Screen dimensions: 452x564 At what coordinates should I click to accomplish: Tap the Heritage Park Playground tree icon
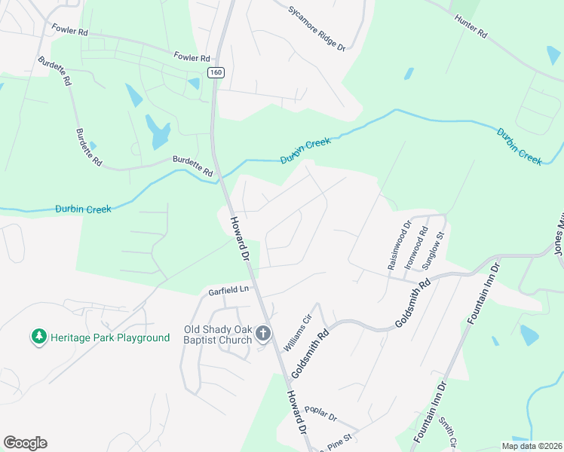[x=38, y=337]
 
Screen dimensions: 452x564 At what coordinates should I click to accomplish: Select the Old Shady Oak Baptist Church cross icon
[x=263, y=332]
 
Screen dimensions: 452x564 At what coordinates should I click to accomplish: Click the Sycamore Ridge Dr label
[x=317, y=29]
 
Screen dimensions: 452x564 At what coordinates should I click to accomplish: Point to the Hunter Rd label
[x=471, y=26]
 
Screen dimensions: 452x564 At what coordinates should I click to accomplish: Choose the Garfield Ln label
[x=228, y=290]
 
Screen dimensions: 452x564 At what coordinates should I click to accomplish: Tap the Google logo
[x=25, y=443]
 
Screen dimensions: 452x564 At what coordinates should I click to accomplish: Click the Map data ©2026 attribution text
[x=532, y=446]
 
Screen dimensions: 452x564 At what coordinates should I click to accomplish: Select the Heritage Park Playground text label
[x=110, y=337]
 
